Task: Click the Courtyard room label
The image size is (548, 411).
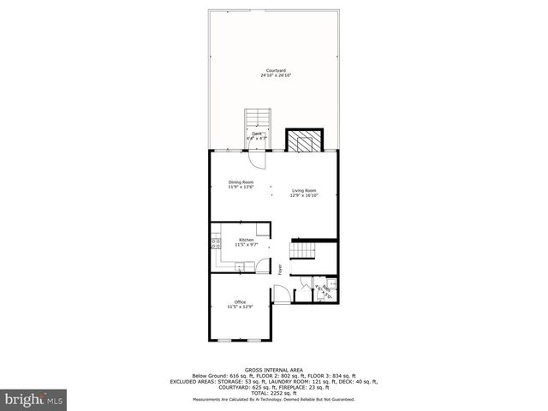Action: pos(276,69)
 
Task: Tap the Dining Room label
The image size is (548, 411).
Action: pos(241,182)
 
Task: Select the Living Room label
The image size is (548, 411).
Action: pos(304,190)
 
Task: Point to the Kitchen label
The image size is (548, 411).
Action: pos(247,240)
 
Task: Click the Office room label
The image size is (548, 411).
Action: pos(241,302)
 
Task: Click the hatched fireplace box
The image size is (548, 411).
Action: pos(304,139)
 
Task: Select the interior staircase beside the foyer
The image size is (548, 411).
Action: pos(303,250)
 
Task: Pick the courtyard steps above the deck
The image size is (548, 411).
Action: pos(257,120)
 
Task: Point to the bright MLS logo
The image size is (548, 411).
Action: pos(33,399)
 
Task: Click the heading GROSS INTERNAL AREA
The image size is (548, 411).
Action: pos(273,370)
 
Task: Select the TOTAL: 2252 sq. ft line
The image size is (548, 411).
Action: pos(273,392)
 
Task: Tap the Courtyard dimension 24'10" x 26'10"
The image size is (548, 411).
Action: pos(276,75)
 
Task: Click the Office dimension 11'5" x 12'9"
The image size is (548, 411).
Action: pos(241,308)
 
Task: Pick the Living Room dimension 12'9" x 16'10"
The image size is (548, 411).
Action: pos(304,196)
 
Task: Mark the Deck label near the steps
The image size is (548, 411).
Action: pos(256,133)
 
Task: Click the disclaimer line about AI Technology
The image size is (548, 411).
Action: pos(273,399)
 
